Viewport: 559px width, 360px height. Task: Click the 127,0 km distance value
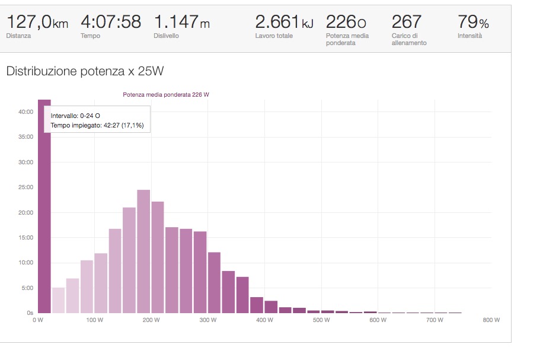37,23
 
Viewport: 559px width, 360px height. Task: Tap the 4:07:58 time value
111,23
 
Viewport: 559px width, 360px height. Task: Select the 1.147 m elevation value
181,23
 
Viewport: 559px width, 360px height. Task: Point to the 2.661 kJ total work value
284,23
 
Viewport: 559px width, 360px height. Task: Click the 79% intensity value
473,23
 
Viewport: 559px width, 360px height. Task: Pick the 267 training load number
407,23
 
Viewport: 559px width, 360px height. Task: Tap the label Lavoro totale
274,36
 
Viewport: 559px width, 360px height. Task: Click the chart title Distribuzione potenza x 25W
85,71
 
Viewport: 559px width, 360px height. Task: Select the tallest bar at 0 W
44,208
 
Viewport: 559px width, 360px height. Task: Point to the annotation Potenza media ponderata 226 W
166,95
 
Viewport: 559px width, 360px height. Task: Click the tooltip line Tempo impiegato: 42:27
97,125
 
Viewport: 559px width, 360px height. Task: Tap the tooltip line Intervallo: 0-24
75,116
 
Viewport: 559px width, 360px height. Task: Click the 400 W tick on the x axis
265,320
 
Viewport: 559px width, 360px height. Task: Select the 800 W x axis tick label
491,320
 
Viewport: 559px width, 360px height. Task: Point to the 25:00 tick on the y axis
25,187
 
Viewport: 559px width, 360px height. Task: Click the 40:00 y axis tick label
25,111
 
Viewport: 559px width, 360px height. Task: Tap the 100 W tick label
94,320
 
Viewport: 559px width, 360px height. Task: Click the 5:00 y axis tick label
27,288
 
